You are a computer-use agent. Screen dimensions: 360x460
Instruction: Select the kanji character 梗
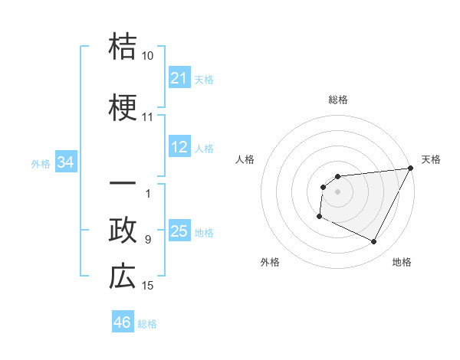pos(123,108)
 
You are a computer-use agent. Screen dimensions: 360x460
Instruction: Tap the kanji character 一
pos(123,185)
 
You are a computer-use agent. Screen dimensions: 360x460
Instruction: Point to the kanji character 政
pos(123,230)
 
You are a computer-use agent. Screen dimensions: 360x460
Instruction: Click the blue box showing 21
pos(179,77)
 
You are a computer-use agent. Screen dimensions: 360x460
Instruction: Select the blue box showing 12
pos(179,147)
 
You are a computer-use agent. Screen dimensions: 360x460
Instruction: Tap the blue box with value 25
pos(179,231)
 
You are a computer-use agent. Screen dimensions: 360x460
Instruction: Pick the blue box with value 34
pos(66,162)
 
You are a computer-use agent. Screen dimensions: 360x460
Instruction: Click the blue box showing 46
pos(123,322)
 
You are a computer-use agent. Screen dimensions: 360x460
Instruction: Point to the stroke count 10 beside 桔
pos(147,56)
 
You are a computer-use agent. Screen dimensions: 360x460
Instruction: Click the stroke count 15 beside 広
pos(147,286)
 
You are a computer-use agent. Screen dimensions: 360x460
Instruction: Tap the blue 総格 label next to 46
pos(147,324)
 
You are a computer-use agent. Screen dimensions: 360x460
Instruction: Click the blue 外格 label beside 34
pos(40,163)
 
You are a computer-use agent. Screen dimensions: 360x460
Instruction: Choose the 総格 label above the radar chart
pos(337,100)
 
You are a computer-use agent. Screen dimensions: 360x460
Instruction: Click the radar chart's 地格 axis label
pos(402,262)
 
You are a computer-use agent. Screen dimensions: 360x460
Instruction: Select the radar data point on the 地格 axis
pos(374,241)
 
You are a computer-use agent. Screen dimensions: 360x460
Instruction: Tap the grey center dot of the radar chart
pos(337,191)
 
